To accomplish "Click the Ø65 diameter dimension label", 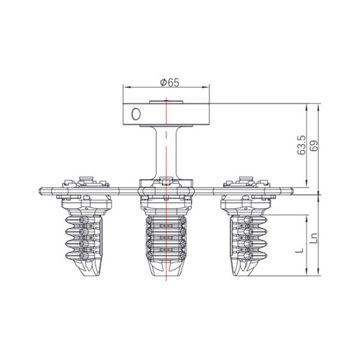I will click(170, 83).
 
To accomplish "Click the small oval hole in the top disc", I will click(136, 113).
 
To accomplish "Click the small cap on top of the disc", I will click(166, 102).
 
